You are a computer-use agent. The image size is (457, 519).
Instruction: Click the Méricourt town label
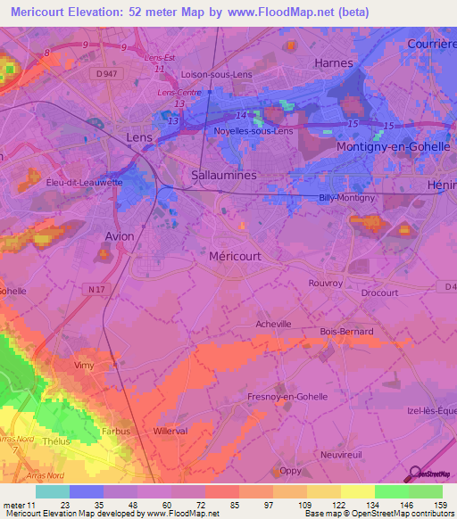tap(236, 255)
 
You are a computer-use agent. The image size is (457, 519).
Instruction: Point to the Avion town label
tap(120, 236)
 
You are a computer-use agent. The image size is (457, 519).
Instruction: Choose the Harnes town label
tap(333, 63)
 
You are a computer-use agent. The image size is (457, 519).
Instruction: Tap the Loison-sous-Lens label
tap(217, 75)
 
